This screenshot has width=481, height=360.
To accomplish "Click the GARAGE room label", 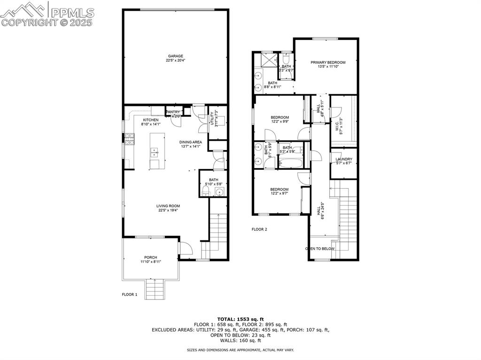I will point(176,56).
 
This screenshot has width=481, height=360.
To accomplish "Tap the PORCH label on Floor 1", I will point(150,257).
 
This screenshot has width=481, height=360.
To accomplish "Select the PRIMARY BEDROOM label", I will point(328,62).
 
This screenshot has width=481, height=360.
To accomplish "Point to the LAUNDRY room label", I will point(343,159).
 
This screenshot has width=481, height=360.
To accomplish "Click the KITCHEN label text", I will point(151,120).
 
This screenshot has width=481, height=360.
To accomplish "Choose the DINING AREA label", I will point(190,142).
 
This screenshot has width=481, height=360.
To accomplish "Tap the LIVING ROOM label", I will point(168,206).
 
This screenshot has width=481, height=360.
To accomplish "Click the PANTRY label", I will point(173,112).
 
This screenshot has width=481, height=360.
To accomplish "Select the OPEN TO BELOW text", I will point(320,249).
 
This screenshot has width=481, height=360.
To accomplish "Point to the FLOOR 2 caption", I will point(259,230).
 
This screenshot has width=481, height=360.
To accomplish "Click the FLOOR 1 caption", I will point(130,295).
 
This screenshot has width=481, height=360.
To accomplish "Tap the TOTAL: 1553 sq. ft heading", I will point(240,319).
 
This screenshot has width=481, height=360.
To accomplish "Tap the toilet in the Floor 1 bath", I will point(205,191).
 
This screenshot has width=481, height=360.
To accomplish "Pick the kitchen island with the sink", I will point(155,152).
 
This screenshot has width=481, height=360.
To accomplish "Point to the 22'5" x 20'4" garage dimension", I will point(176,61).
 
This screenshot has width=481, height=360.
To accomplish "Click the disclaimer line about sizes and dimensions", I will point(240,350).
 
